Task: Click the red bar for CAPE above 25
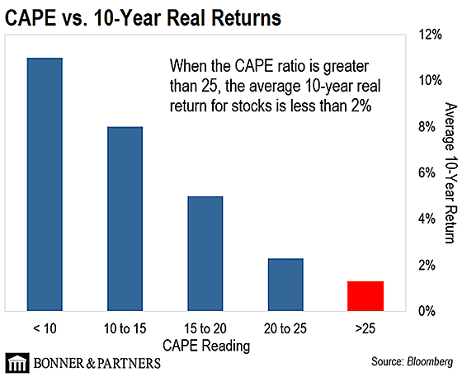coord(365,296)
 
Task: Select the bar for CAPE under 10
coord(45,185)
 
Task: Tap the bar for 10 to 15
coord(125,219)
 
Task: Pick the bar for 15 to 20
coord(205,253)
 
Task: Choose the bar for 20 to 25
coord(285,285)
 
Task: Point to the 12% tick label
coord(430,35)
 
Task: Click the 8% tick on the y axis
coord(427,127)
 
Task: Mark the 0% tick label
coord(427,311)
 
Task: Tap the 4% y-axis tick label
coord(427,219)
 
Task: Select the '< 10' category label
coord(45,328)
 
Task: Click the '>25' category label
coord(365,328)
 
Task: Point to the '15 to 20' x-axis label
coord(205,328)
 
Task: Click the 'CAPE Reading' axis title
coord(206,346)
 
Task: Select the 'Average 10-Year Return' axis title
coord(450,173)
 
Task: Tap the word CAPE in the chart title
coord(31,17)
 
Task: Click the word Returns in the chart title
coord(247,17)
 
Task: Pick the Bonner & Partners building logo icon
coord(17,363)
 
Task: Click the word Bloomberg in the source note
coord(430,361)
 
